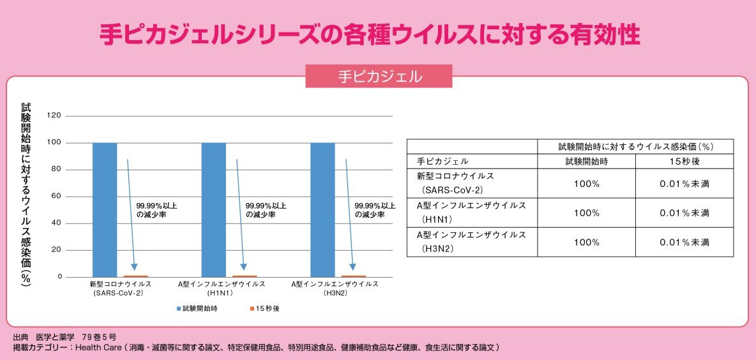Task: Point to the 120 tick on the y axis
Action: pos(54,116)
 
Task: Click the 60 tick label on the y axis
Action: pos(56,196)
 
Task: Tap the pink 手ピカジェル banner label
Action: pos(379,77)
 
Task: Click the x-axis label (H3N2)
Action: pos(335,293)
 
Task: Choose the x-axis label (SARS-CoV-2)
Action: pos(120,293)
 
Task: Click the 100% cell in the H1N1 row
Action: pos(586,213)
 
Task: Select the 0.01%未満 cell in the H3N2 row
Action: pos(684,243)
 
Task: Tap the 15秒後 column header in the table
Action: pos(684,161)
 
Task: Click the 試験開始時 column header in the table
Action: pos(586,161)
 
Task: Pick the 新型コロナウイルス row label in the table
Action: pos(455,176)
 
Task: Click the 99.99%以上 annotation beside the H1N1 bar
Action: pos(266,206)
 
